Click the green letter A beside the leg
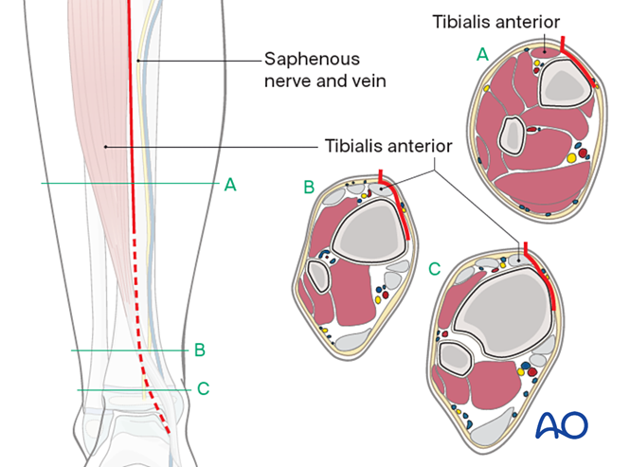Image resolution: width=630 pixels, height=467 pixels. [229, 185]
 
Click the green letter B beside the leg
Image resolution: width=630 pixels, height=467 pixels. [199, 350]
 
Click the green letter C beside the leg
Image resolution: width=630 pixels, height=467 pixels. [203, 388]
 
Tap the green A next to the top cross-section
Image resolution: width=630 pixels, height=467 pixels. [482, 56]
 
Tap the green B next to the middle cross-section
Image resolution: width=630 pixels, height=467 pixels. [308, 188]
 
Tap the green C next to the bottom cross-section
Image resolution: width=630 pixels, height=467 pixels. [435, 270]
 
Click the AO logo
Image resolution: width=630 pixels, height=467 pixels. [562, 426]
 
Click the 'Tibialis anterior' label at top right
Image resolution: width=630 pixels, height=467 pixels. [511, 21]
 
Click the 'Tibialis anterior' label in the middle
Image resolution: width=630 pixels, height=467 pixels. [388, 147]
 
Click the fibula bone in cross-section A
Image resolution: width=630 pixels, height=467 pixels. [513, 135]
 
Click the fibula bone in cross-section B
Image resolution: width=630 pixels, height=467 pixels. [319, 278]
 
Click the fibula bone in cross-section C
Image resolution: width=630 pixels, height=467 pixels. [458, 358]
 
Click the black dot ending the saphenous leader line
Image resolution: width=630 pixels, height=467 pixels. [139, 61]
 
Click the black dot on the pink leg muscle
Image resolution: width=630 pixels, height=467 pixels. [105, 147]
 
